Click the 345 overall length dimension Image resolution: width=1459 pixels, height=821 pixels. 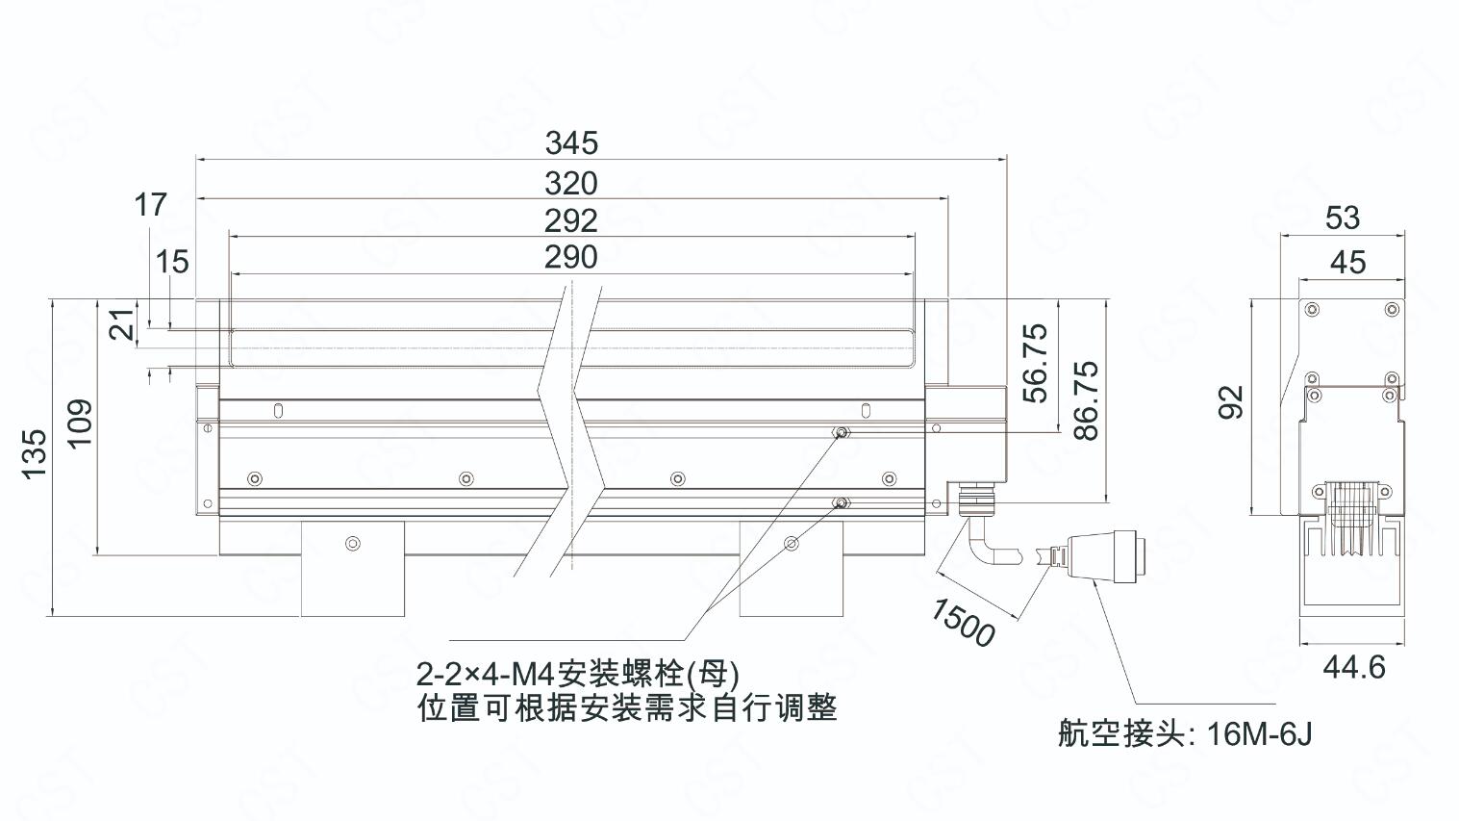tap(571, 142)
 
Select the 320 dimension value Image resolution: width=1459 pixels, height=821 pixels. tap(571, 183)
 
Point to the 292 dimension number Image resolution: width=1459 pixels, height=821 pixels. tap(571, 220)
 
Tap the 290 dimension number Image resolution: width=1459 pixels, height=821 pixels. tap(571, 257)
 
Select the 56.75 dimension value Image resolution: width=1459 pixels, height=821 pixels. tap(1035, 364)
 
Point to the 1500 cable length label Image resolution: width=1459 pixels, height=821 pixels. tap(962, 623)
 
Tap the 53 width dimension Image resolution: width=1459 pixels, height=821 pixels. tap(1343, 218)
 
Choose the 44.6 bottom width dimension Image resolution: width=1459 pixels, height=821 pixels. tap(1353, 667)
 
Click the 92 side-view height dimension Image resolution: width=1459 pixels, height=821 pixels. tap(1231, 402)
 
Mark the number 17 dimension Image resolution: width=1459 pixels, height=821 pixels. tap(150, 204)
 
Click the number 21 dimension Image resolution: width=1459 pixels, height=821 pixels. tap(121, 325)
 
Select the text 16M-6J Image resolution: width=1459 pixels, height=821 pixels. tap(1259, 734)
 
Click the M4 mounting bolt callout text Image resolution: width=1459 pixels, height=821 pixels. tap(577, 671)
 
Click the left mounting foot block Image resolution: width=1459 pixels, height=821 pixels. tap(353, 568)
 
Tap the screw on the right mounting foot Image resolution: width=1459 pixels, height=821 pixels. tap(791, 544)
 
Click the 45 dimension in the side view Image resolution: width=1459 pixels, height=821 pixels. tap(1347, 262)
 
